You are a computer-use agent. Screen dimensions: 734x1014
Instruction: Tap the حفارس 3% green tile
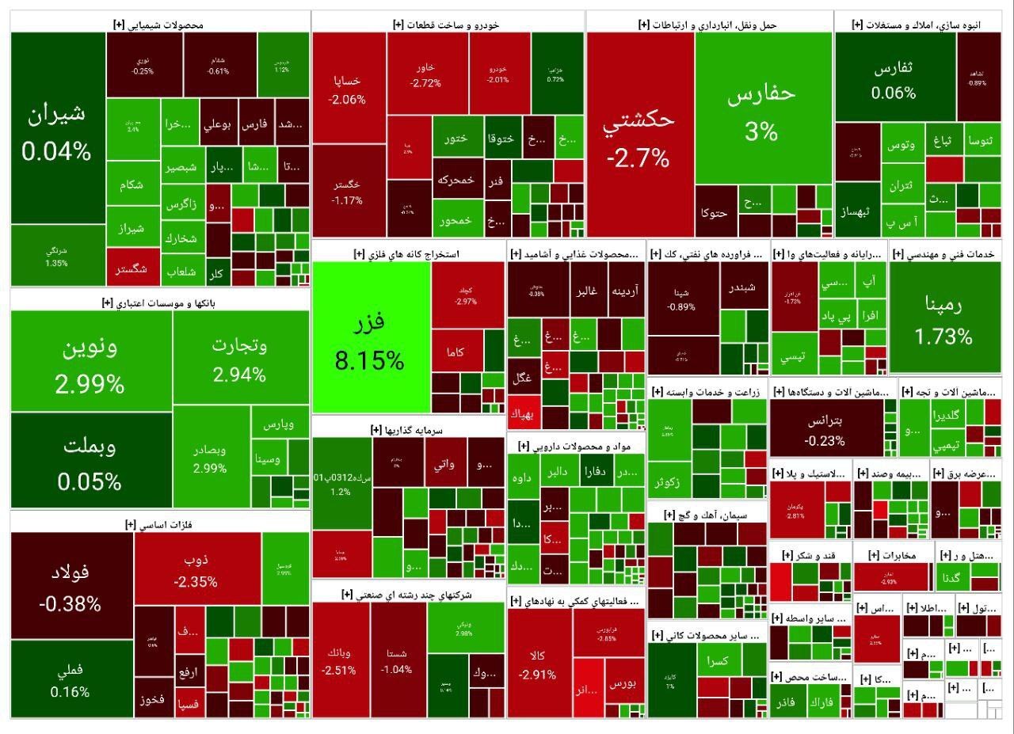pyautogui.click(x=761, y=111)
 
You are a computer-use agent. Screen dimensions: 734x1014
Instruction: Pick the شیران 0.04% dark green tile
pyautogui.click(x=57, y=129)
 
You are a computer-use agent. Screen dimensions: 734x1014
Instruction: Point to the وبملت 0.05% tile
pyautogui.click(x=90, y=462)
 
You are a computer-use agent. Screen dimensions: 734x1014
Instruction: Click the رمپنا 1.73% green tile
pyautogui.click(x=943, y=319)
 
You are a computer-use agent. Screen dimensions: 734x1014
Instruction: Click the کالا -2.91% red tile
pyautogui.click(x=539, y=664)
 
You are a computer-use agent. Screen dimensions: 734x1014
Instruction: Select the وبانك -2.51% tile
pyautogui.click(x=340, y=660)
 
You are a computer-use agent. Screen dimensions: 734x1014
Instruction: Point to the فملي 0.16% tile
pyautogui.click(x=71, y=679)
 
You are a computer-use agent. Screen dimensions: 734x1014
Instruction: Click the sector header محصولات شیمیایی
pyautogui.click(x=158, y=25)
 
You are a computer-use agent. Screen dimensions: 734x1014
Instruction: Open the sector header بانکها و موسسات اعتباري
pyautogui.click(x=159, y=302)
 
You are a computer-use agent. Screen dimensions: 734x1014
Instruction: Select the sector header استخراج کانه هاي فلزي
pyautogui.click(x=407, y=254)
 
